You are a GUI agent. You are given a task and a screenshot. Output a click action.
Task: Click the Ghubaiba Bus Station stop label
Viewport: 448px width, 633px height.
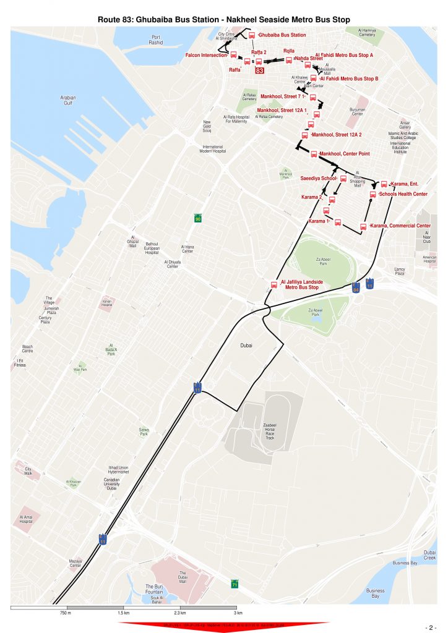(x=282, y=35)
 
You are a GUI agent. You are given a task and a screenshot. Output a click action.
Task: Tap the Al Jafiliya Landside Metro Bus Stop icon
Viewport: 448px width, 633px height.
(x=275, y=285)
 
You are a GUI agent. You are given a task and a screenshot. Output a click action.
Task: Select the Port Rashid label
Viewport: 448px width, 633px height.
(x=156, y=40)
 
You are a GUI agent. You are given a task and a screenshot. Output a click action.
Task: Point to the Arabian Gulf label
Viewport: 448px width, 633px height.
(x=68, y=100)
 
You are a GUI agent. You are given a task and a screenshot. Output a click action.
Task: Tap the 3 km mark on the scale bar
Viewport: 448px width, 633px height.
(x=238, y=613)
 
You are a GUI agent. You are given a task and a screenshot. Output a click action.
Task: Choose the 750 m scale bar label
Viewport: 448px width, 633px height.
(x=66, y=613)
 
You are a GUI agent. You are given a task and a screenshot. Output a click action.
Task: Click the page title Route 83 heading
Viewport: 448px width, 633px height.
(x=224, y=20)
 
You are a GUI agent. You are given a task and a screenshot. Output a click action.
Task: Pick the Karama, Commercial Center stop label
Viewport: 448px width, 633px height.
(x=400, y=226)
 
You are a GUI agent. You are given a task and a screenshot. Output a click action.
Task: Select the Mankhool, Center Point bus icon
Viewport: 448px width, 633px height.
(x=314, y=155)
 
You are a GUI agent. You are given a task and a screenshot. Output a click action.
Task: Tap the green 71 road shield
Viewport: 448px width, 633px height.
(x=235, y=584)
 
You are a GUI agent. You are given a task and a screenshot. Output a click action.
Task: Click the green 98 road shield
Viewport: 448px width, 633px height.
(x=198, y=219)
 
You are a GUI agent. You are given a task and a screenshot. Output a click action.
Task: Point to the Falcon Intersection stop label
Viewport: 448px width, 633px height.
(x=206, y=56)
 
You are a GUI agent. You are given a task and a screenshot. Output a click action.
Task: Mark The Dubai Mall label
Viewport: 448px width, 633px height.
(x=183, y=577)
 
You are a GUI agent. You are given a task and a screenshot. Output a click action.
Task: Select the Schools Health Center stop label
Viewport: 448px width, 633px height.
(x=403, y=194)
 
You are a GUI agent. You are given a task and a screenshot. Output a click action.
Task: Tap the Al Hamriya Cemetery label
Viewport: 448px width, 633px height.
(x=367, y=32)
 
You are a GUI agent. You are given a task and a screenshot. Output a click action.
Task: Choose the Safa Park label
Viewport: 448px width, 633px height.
(x=144, y=432)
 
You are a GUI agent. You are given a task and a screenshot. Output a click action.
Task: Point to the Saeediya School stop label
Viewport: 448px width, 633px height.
(x=318, y=178)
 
